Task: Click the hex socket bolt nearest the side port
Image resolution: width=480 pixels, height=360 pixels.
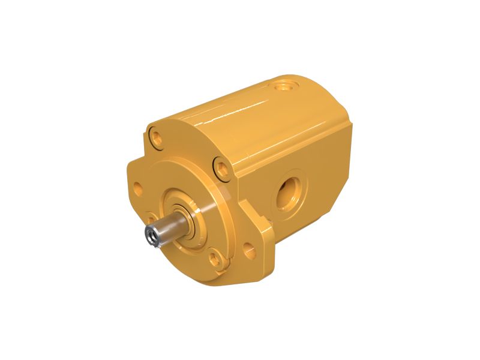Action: pyautogui.click(x=221, y=167)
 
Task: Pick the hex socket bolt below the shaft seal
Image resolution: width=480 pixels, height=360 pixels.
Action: pyautogui.click(x=213, y=259)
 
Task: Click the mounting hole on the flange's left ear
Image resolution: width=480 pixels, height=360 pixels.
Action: pyautogui.click(x=137, y=187)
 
